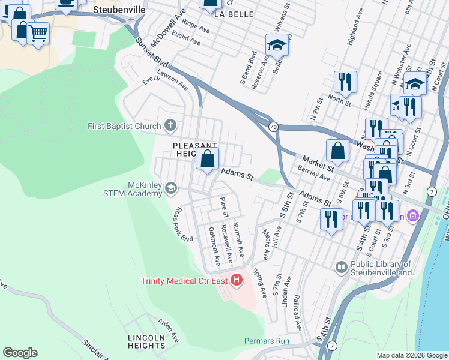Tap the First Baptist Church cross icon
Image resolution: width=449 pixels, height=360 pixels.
(x=170, y=126)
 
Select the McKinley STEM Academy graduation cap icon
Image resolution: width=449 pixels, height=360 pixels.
(x=171, y=189)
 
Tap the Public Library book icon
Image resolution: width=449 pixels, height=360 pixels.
(x=342, y=266)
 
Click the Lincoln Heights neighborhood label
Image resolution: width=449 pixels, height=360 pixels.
(x=146, y=341)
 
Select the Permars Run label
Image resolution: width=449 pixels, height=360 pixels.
(x=267, y=341)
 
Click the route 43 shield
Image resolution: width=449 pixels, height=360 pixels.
(x=273, y=127)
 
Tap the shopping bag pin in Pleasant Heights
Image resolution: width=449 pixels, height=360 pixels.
(x=208, y=159)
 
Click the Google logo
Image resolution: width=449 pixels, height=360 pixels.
(x=20, y=353)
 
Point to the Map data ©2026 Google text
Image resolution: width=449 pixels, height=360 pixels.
(x=412, y=355)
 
